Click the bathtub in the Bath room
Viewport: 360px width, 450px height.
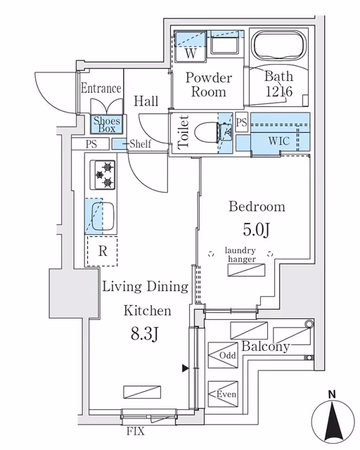pyautogui.click(x=278, y=45)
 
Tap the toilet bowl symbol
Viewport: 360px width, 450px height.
pyautogui.click(x=207, y=133)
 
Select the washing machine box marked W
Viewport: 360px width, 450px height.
pyautogui.click(x=191, y=46)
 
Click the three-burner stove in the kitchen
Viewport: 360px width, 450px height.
pyautogui.click(x=103, y=175)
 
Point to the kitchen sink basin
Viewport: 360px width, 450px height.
pyautogui.click(x=103, y=217)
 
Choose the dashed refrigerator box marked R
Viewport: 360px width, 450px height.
pyautogui.click(x=103, y=251)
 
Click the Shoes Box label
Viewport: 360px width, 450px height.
pyautogui.click(x=107, y=124)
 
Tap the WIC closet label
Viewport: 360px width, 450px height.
pyautogui.click(x=278, y=141)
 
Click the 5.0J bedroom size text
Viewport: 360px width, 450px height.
pyautogui.click(x=257, y=229)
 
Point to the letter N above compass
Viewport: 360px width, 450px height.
pyautogui.click(x=332, y=394)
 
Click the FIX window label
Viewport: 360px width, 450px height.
pyautogui.click(x=136, y=431)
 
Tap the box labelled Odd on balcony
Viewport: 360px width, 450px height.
pyautogui.click(x=223, y=355)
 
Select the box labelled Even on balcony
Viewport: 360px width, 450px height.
pyautogui.click(x=223, y=394)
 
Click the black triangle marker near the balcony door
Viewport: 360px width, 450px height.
pyautogui.click(x=186, y=368)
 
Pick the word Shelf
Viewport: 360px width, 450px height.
pyautogui.click(x=140, y=143)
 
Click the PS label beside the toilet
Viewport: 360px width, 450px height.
pyautogui.click(x=241, y=122)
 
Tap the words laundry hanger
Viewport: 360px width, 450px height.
pyautogui.click(x=240, y=255)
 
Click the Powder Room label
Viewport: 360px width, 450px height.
pyautogui.click(x=209, y=85)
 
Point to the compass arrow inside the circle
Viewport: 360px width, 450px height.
pyautogui.click(x=333, y=422)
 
